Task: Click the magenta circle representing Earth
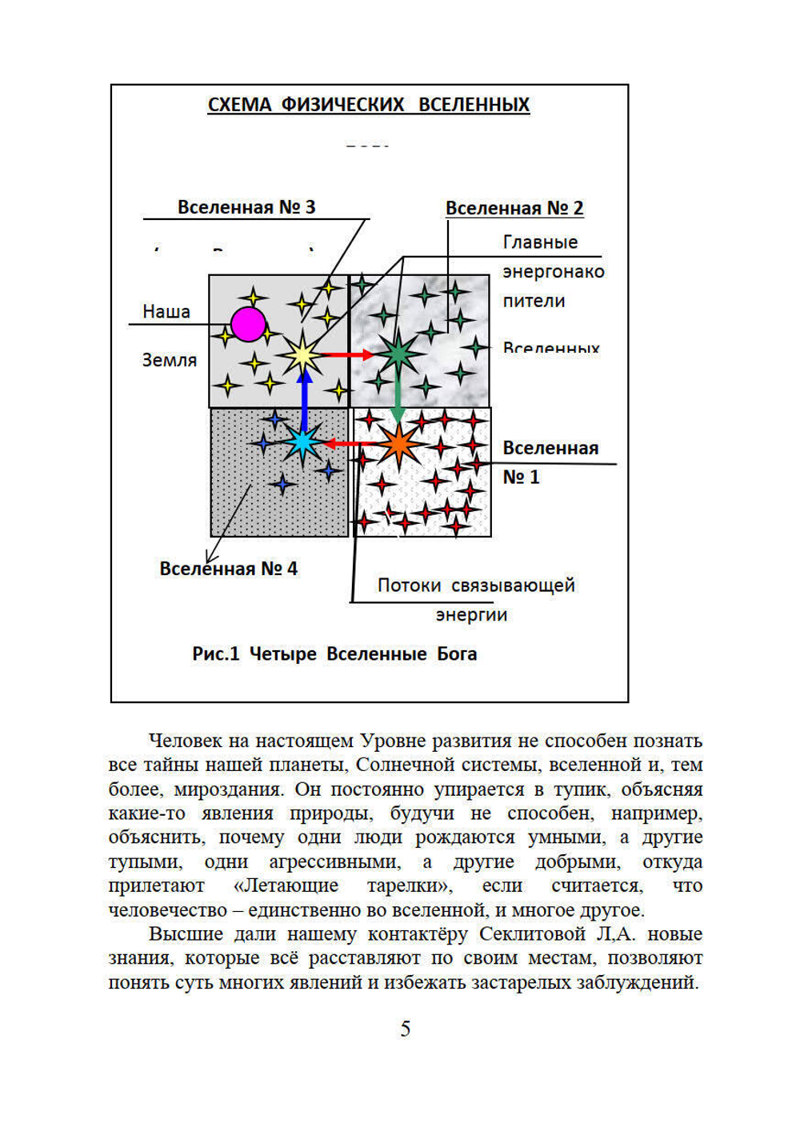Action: (248, 324)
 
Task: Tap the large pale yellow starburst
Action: (302, 355)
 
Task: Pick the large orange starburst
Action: (398, 444)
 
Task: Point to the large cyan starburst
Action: (302, 442)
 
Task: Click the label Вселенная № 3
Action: (246, 207)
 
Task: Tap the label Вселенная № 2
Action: (514, 208)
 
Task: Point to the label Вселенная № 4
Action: (228, 569)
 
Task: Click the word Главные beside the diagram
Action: (540, 242)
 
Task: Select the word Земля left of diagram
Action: (170, 360)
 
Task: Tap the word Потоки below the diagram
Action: (409, 585)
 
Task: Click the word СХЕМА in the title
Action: (239, 105)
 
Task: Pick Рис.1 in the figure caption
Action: (215, 654)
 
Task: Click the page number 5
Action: (406, 1029)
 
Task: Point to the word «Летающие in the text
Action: (286, 886)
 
